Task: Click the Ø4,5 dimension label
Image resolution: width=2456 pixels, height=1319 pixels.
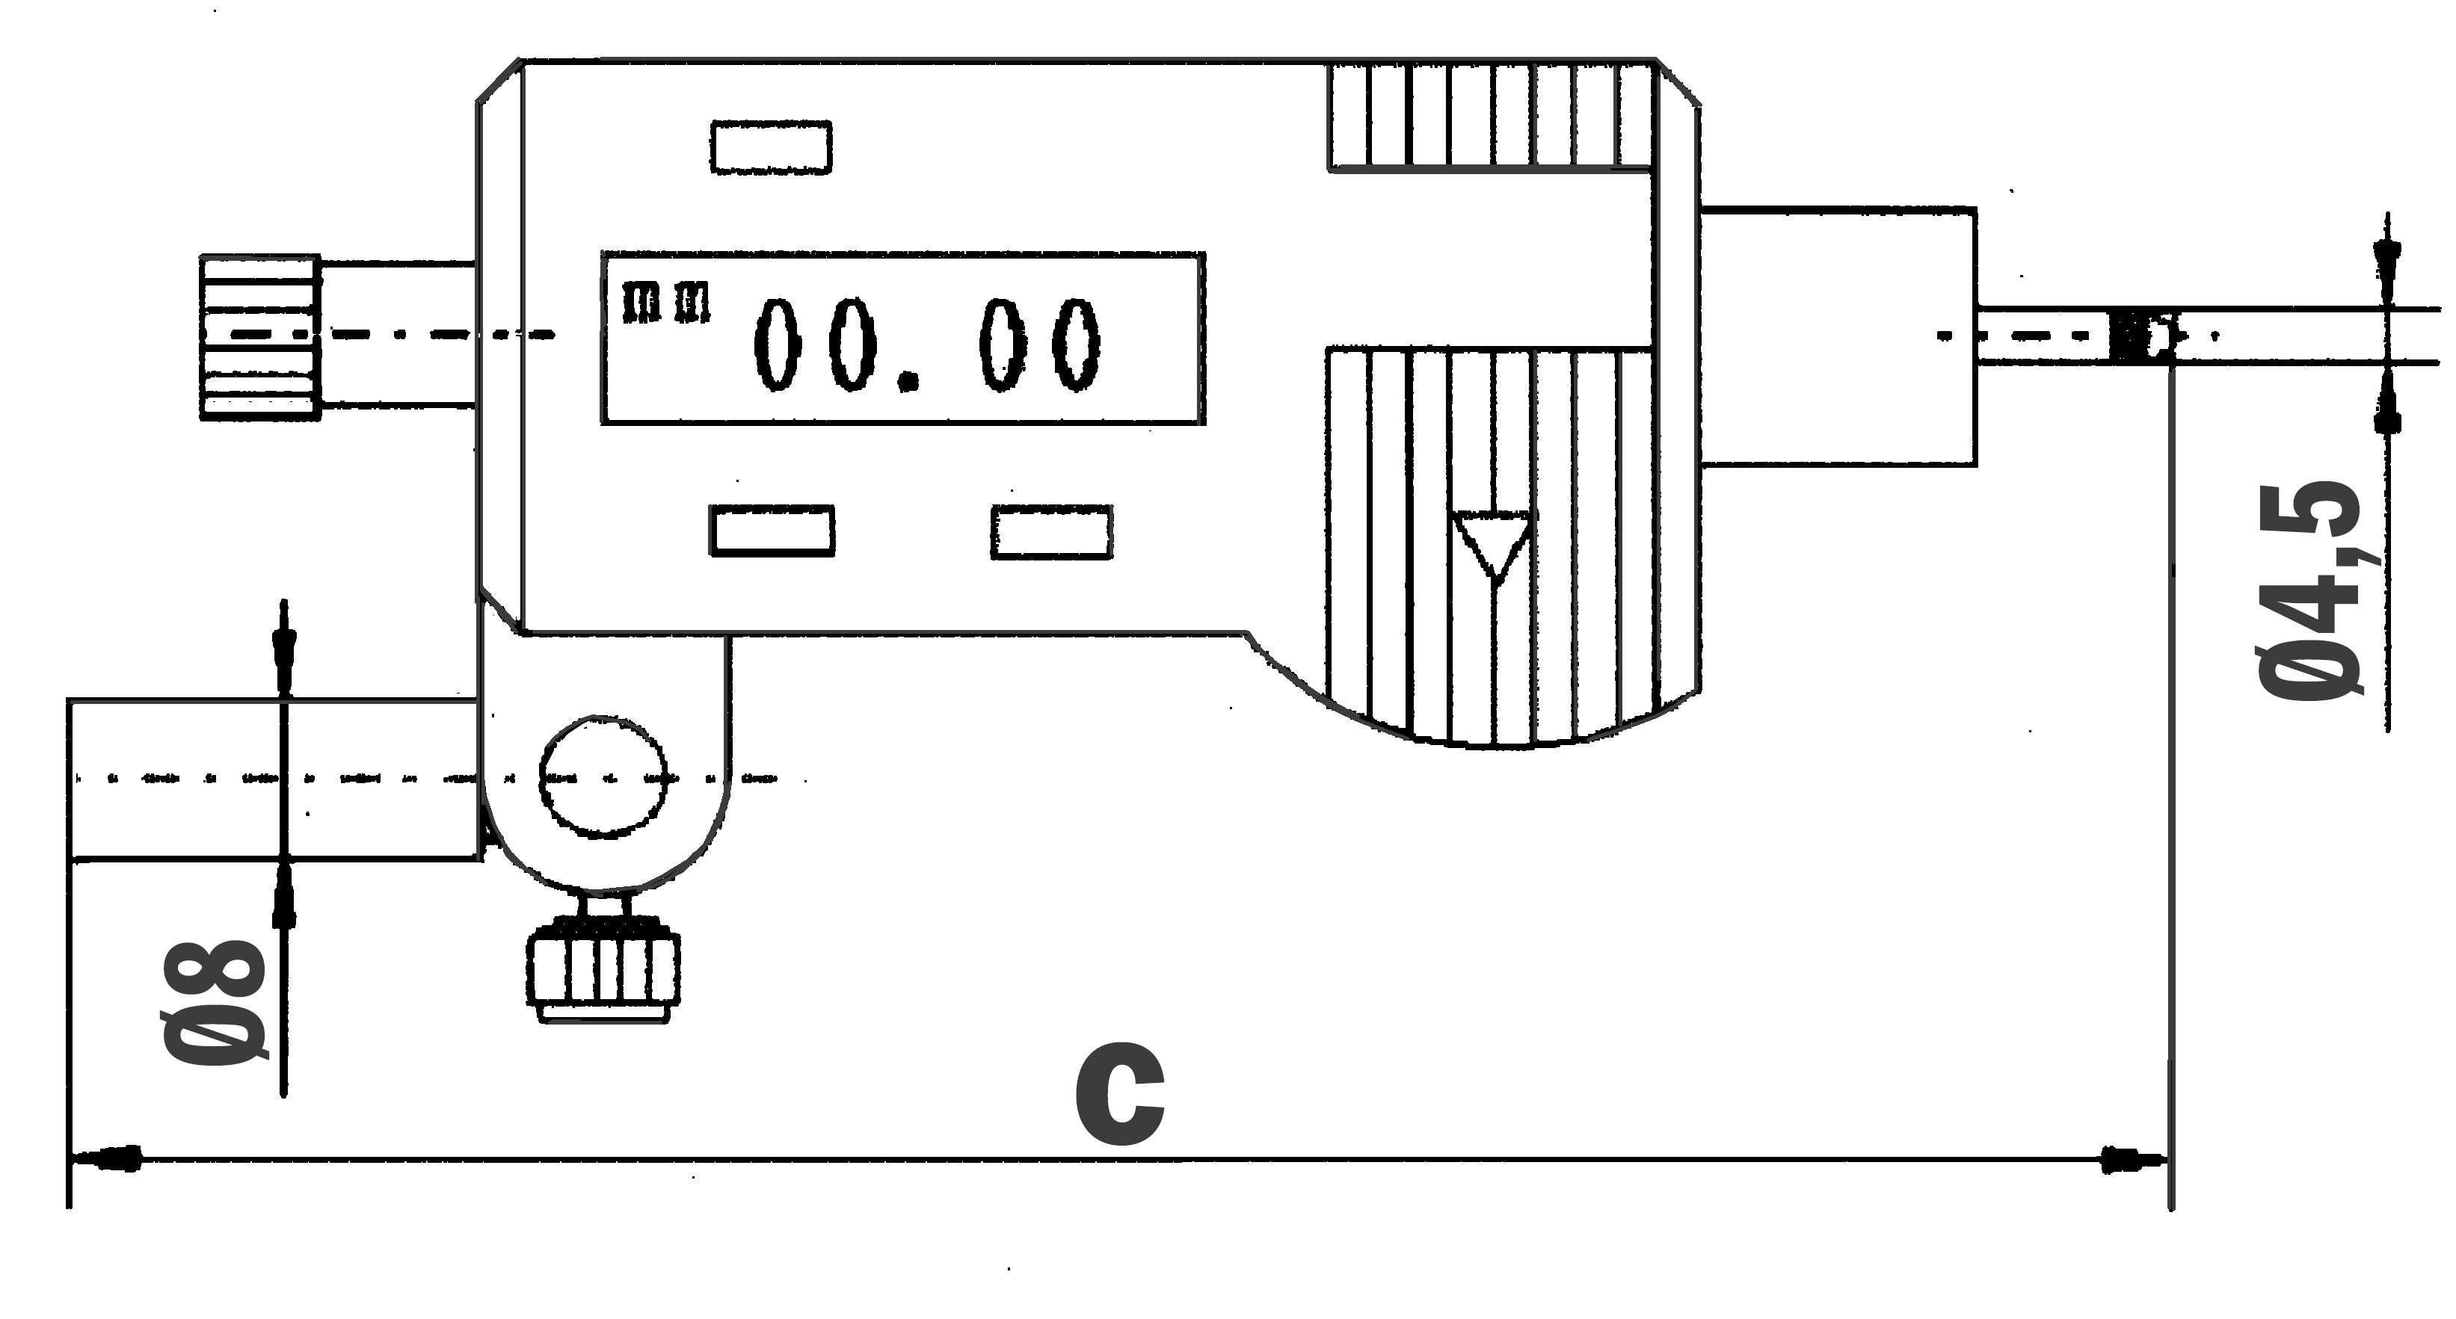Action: (2311, 591)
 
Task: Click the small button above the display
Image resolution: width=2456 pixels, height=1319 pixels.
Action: (770, 148)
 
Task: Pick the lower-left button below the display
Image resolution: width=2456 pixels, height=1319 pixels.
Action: (772, 531)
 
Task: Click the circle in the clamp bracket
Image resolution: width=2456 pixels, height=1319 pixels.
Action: (603, 776)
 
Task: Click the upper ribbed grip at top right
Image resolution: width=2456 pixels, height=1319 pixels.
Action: (1489, 117)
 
